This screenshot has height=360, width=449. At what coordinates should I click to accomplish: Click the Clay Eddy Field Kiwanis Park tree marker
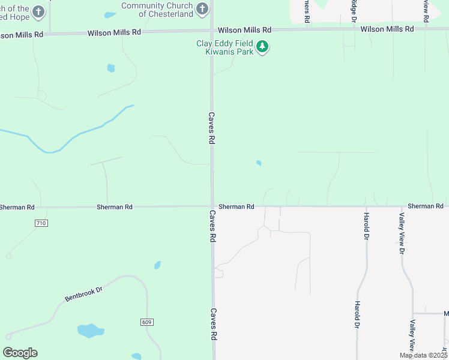[262, 47]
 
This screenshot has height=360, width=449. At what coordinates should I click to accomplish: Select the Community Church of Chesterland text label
[157, 10]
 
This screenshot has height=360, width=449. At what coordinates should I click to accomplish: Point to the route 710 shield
[41, 223]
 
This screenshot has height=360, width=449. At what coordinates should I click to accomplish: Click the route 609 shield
[147, 322]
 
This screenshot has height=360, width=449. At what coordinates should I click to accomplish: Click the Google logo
[20, 353]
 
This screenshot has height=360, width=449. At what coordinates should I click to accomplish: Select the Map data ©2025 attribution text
[423, 355]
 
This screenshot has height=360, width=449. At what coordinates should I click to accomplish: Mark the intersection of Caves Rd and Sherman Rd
[212, 207]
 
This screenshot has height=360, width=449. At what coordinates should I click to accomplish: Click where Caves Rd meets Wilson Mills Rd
[212, 31]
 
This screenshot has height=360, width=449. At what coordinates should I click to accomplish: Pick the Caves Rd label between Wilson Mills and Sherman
[211, 127]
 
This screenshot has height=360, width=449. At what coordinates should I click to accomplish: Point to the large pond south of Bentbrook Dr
[90, 331]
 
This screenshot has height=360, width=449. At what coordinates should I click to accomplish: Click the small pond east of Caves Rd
[259, 163]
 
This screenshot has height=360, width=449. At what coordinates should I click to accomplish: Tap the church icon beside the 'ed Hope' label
[38, 11]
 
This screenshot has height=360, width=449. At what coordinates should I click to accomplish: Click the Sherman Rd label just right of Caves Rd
[236, 206]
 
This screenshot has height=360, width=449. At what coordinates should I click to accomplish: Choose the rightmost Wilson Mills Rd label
[387, 29]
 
